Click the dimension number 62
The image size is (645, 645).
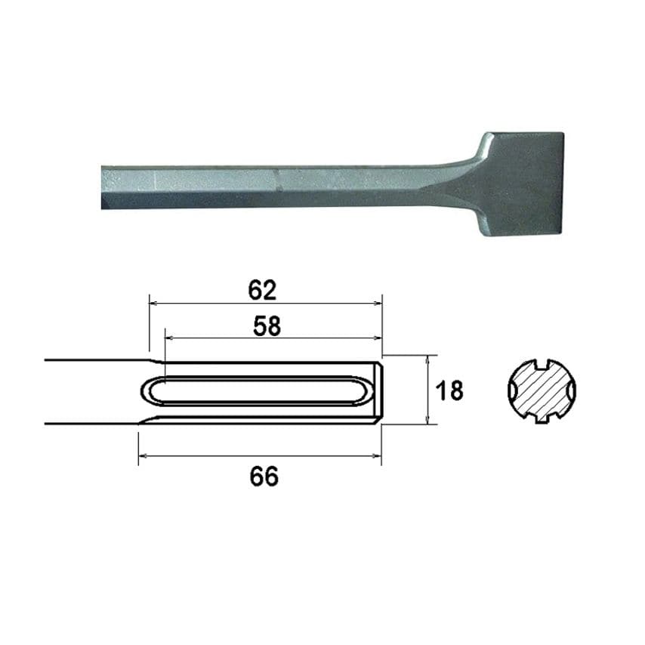click(x=262, y=290)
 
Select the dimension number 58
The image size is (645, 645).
click(x=267, y=326)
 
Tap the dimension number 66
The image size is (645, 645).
click(x=264, y=476)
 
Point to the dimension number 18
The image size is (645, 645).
click(x=449, y=390)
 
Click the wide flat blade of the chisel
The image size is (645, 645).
click(x=520, y=184)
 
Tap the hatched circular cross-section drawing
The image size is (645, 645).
click(x=542, y=390)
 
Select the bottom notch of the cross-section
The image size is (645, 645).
click(x=542, y=418)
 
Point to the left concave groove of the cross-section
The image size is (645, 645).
click(x=512, y=390)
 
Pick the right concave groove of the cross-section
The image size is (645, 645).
click(x=572, y=390)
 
